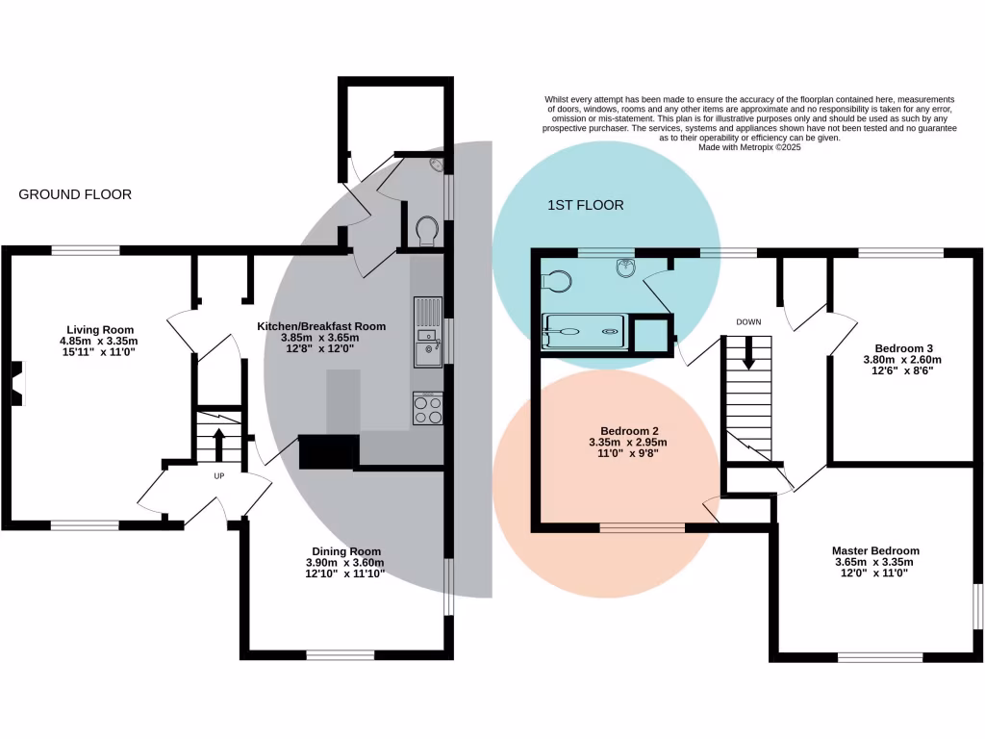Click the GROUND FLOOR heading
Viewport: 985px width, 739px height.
coord(75,194)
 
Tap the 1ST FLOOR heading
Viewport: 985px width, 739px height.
coord(586,205)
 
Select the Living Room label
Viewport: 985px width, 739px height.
coord(100,330)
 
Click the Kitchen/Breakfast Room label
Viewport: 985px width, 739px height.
coord(320,326)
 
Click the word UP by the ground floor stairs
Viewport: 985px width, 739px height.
coord(219,475)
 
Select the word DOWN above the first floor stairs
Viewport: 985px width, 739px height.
coord(749,321)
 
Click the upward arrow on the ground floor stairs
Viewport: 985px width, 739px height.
coord(218,444)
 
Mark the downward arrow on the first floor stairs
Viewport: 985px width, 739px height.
coord(748,359)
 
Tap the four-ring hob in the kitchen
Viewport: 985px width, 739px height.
coord(427,410)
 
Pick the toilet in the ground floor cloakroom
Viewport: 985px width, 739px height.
coord(426,229)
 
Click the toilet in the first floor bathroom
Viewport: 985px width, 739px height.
coord(557,279)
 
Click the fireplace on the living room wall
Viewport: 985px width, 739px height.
coord(17,383)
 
